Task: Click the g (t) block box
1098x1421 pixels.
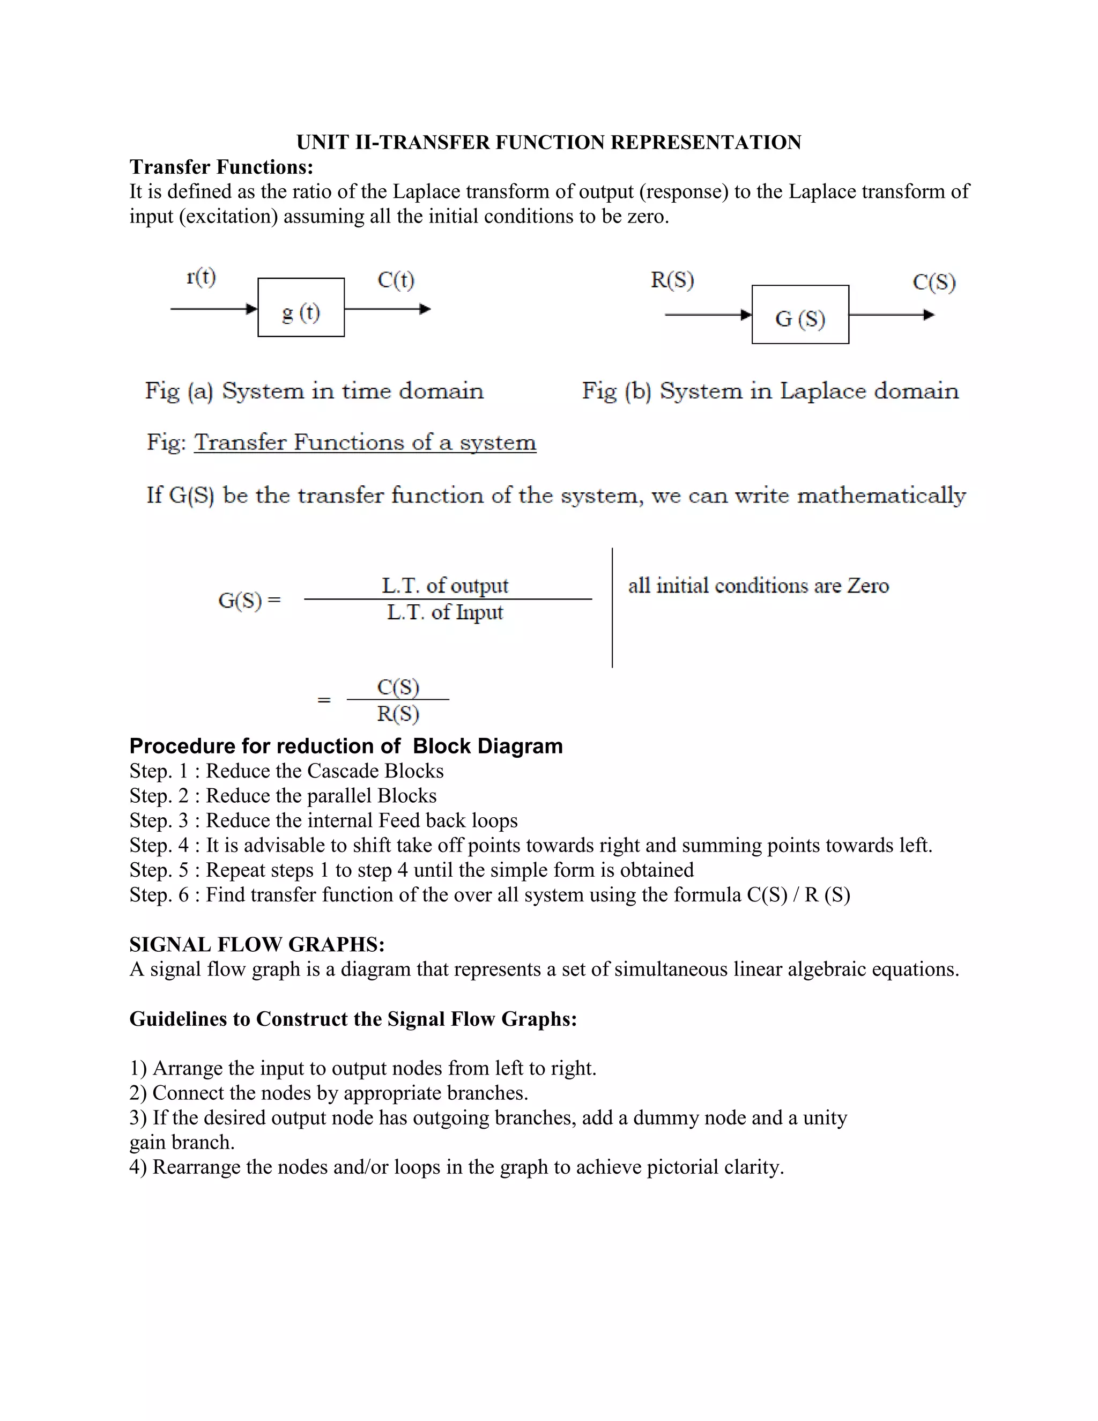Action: coord(301,307)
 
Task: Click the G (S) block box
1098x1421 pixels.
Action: coord(799,315)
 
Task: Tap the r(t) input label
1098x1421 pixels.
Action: coord(201,278)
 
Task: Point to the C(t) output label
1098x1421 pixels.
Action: coord(396,280)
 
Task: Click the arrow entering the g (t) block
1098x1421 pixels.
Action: coord(213,309)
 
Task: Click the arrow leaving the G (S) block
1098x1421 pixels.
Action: coord(891,315)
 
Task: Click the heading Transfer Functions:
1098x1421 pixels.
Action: coord(221,167)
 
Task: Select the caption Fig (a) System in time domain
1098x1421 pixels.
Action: coord(314,391)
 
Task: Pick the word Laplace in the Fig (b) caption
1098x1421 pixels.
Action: coord(822,391)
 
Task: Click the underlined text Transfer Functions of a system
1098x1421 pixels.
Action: coord(365,442)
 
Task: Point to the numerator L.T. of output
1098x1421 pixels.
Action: coord(445,586)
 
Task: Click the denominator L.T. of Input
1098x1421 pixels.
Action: coord(445,612)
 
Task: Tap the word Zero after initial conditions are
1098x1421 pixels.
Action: coord(868,586)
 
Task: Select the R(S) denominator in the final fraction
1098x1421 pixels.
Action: coord(398,714)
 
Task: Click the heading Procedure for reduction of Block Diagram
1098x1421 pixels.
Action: coord(346,746)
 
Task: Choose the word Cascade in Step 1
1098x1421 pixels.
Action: coord(343,771)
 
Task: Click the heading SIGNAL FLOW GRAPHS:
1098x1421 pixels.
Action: coord(257,944)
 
